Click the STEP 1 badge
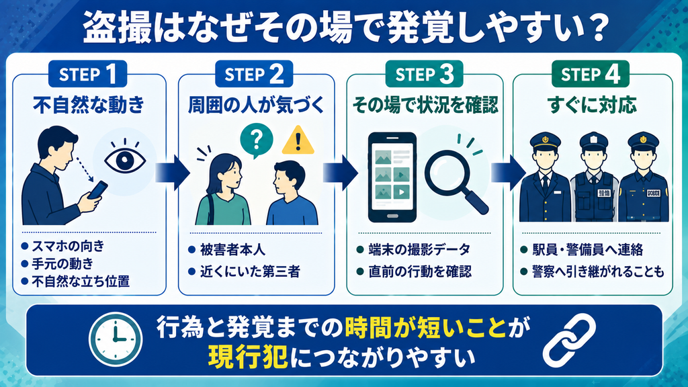pyautogui.click(x=87, y=74)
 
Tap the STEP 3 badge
pyautogui.click(x=425, y=74)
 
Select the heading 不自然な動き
pyautogui.click(x=89, y=105)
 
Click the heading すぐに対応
pyautogui.click(x=592, y=105)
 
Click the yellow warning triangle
pyautogui.click(x=298, y=140)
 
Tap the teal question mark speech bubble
pyautogui.click(x=256, y=140)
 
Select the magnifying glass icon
pyautogui.click(x=456, y=181)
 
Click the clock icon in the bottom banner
pyautogui.click(x=116, y=339)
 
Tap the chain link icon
pyautogui.click(x=569, y=340)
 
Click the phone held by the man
pyautogui.click(x=98, y=189)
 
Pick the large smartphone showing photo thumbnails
pyautogui.click(x=392, y=177)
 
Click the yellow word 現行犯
pyautogui.click(x=248, y=356)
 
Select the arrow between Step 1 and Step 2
pyautogui.click(x=173, y=173)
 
